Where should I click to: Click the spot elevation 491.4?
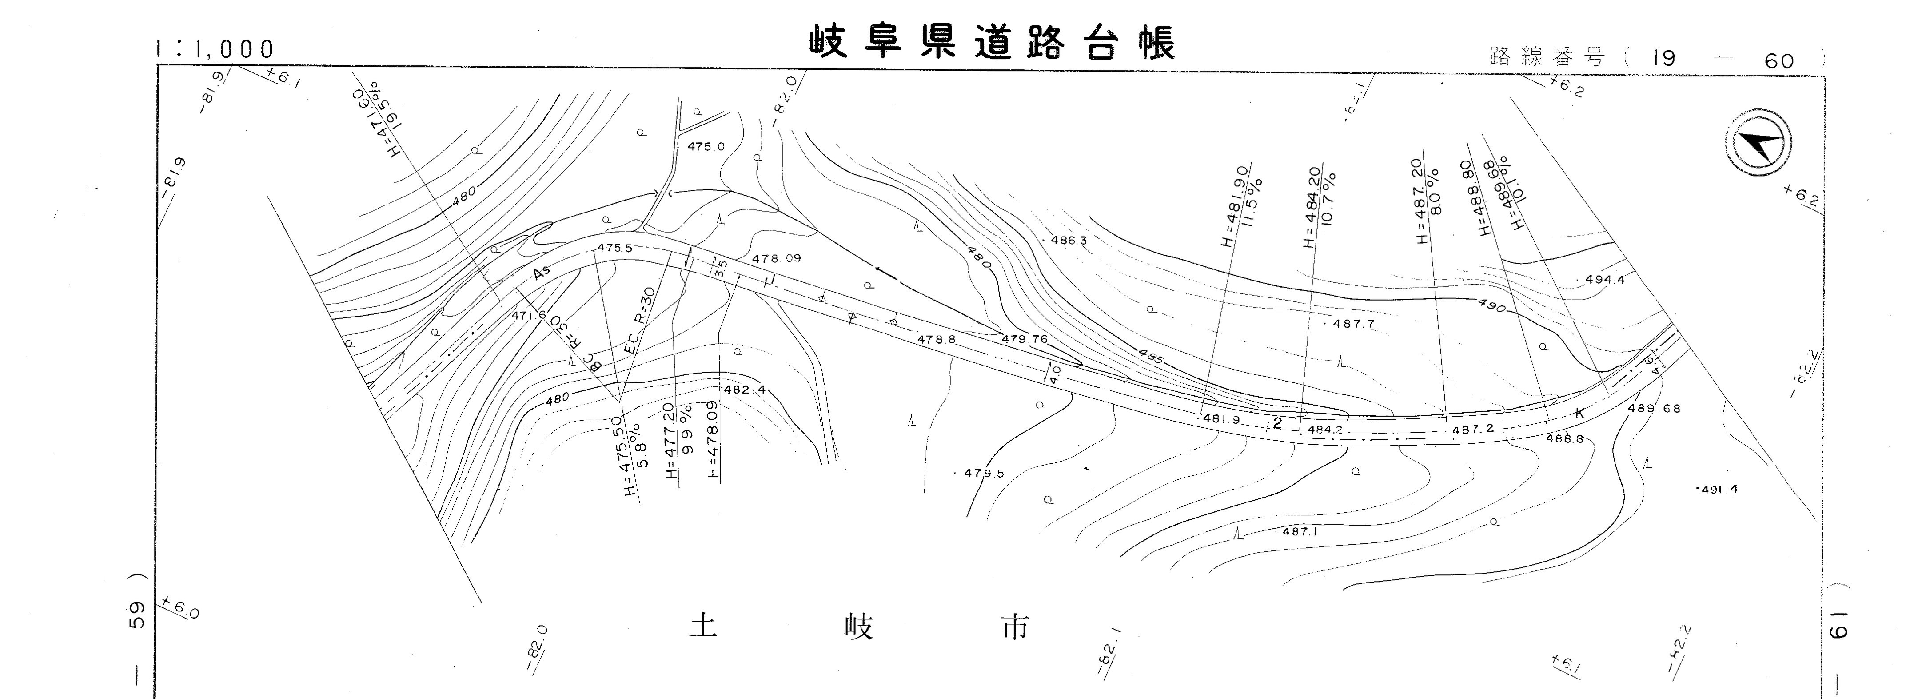coord(1718,489)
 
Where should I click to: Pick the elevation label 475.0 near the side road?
coord(706,147)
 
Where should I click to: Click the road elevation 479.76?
coord(1025,339)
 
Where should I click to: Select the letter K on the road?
coord(1579,413)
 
